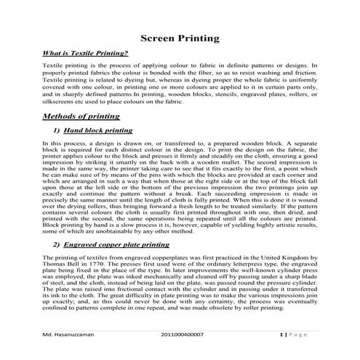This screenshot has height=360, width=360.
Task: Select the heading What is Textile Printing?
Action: (x=86, y=54)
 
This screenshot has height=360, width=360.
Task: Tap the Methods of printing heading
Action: (x=81, y=116)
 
